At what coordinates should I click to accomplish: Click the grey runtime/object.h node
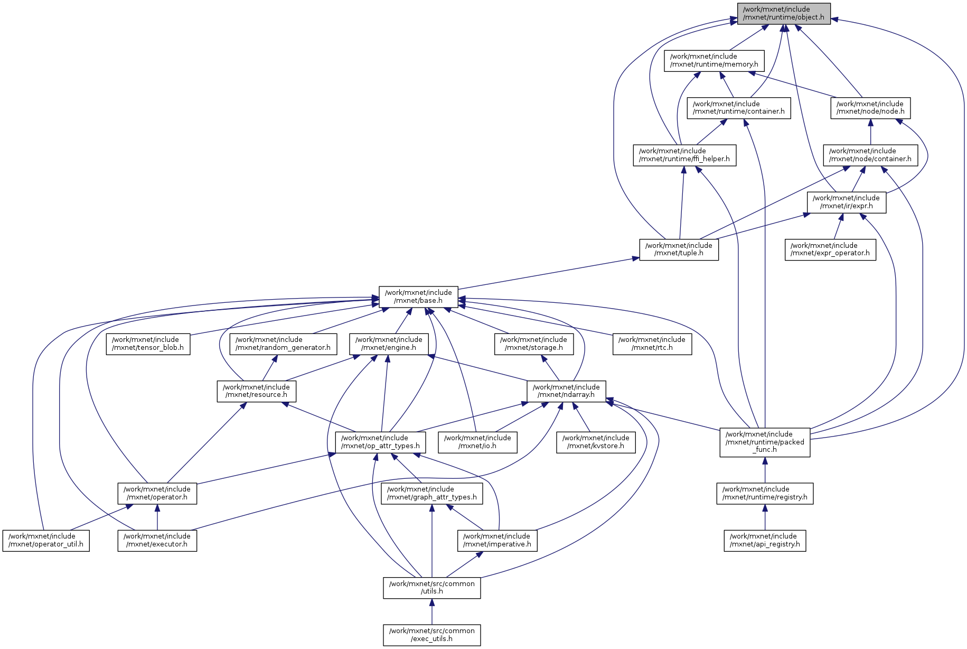[x=784, y=13]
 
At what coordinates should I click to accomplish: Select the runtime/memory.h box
[x=714, y=60]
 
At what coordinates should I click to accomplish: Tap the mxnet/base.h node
[x=418, y=296]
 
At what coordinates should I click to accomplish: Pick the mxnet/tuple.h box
[x=679, y=249]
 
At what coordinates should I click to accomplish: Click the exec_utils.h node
[x=431, y=635]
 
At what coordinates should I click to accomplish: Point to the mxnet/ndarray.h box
[x=566, y=391]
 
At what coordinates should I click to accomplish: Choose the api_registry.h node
[x=765, y=540]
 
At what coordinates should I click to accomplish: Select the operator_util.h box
[x=46, y=540]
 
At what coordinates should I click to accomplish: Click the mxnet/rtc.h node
[x=652, y=344]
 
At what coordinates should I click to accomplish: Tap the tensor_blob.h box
[x=148, y=344]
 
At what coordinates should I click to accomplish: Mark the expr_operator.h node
[x=830, y=249]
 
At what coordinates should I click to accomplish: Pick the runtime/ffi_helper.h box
[x=684, y=155]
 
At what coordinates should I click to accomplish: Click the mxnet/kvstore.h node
[x=596, y=442]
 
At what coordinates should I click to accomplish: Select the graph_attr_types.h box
[x=431, y=493]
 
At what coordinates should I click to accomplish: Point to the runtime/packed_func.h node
[x=765, y=442]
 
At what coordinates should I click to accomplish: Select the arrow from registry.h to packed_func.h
[x=765, y=470]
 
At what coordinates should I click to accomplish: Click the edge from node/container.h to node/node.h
[x=870, y=132]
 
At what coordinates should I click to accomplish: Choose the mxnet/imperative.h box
[x=497, y=540]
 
